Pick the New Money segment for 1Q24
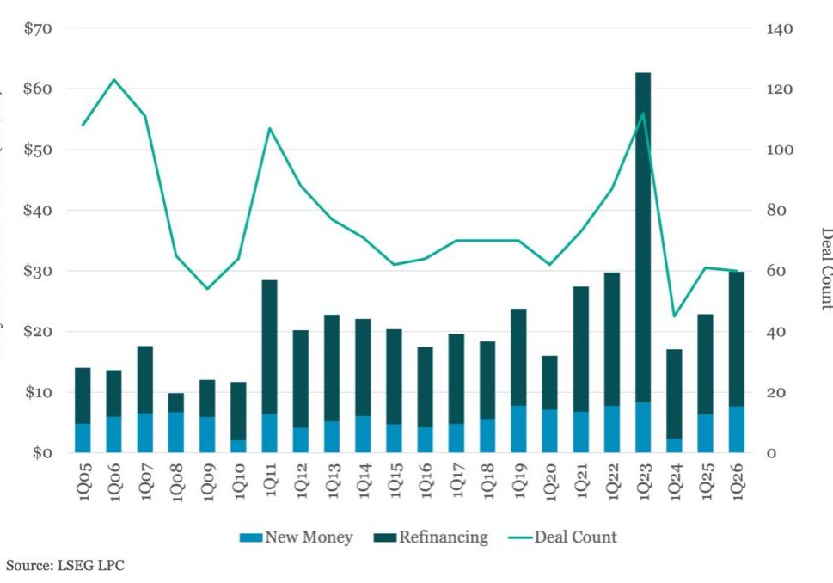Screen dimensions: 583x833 [675, 445]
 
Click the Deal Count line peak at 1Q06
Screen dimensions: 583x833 [114, 80]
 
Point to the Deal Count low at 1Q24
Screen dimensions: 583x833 [675, 316]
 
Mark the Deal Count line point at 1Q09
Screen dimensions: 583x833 [207, 288]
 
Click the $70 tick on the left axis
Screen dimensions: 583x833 [38, 28]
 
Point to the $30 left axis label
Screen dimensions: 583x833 [38, 271]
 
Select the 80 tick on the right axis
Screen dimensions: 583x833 [776, 211]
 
